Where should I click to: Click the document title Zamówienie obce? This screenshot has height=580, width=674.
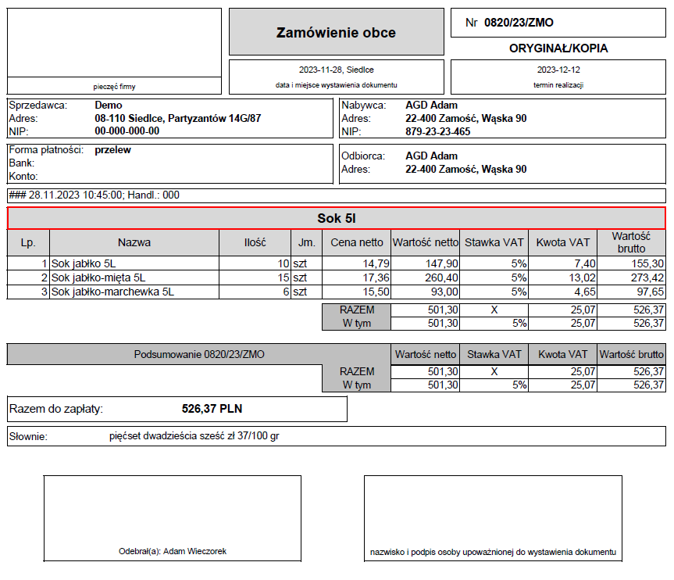click(x=336, y=33)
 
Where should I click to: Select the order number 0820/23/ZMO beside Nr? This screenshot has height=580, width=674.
click(x=519, y=23)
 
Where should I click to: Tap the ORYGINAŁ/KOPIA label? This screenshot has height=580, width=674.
click(x=558, y=48)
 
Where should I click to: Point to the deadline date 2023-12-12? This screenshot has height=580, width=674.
click(x=558, y=69)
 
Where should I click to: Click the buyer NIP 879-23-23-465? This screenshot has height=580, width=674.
click(x=437, y=131)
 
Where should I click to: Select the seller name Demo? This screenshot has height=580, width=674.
click(x=109, y=105)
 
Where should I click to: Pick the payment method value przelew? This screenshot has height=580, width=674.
click(x=112, y=150)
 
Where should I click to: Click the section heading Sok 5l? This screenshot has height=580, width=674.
click(x=337, y=218)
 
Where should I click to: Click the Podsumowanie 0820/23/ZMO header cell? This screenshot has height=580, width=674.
click(x=198, y=354)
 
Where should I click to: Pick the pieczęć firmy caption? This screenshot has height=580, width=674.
click(x=114, y=87)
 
